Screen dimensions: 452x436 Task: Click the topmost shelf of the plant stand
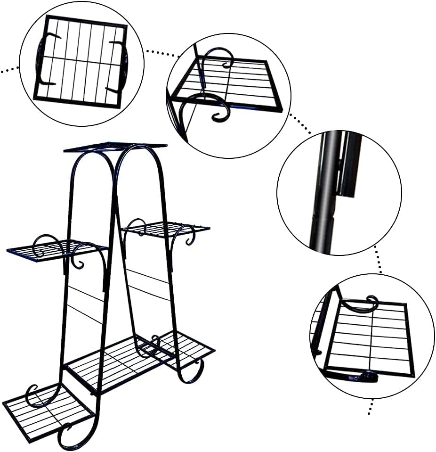(115, 147)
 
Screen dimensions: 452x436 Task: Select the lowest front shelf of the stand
(47, 410)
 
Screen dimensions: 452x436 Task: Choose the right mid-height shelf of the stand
(167, 229)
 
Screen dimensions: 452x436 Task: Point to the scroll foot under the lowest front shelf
(66, 436)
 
